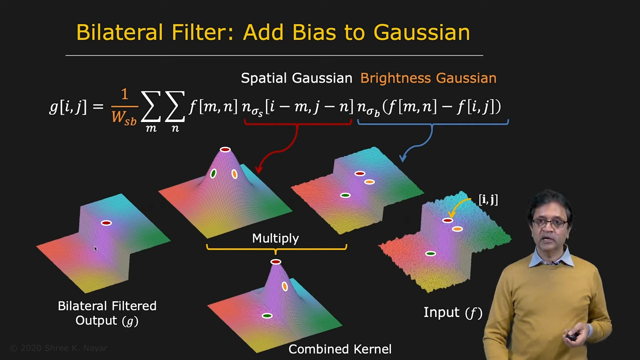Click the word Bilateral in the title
[119, 32]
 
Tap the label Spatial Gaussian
[296, 78]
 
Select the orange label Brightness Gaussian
[428, 78]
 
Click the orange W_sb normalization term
[124, 117]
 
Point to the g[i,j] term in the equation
[68, 107]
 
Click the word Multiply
[275, 238]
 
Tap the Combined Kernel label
[340, 349]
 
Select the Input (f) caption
[453, 312]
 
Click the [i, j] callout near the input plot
[488, 199]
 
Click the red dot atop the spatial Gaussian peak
[225, 149]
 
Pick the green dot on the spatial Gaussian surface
[213, 173]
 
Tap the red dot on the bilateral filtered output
[106, 223]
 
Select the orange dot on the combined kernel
[285, 286]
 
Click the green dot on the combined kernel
[267, 315]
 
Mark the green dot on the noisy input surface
[430, 253]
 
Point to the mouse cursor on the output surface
[95, 249]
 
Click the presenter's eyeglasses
[549, 223]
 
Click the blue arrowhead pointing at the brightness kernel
[403, 158]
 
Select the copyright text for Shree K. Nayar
[58, 348]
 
